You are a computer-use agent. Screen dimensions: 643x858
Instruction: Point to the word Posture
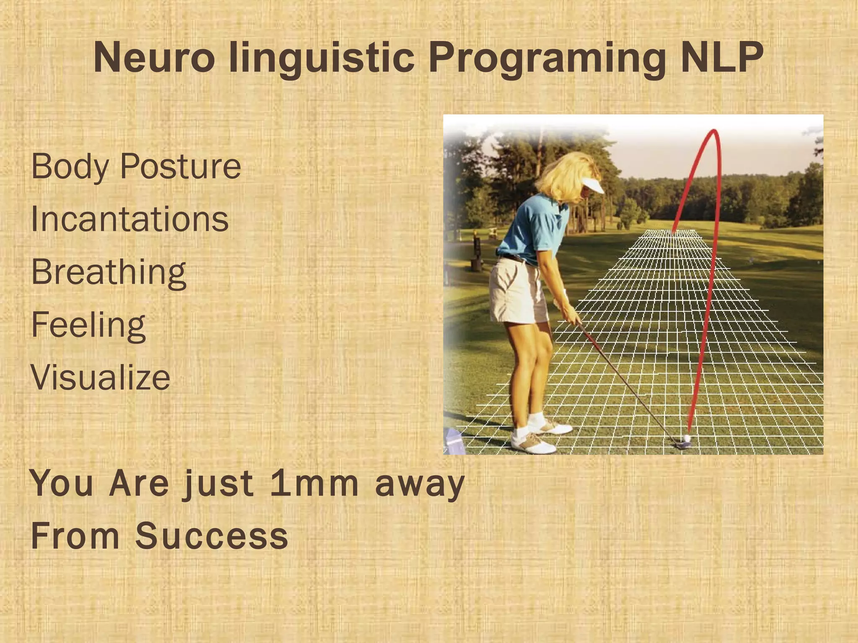pos(181,166)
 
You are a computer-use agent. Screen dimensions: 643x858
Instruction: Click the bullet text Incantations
pos(130,219)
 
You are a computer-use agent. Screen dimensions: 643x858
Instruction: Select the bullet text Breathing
pos(109,272)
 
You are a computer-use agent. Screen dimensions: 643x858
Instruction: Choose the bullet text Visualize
pos(101,377)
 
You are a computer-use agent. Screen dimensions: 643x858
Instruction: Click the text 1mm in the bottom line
pos(315,484)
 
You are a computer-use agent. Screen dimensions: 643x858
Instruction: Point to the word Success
pos(212,536)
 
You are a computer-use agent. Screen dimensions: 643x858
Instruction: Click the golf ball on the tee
pos(687,438)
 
